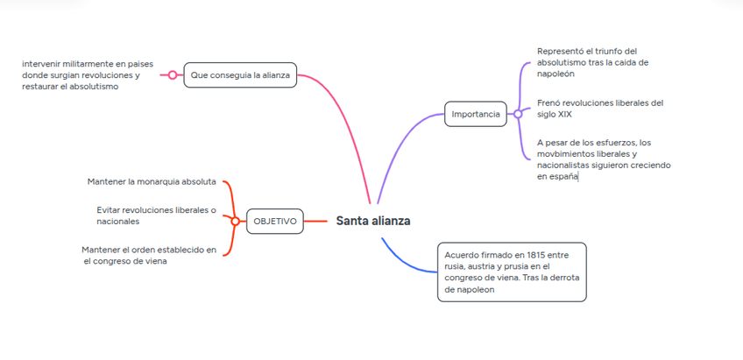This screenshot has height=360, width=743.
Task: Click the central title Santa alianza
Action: point(372,221)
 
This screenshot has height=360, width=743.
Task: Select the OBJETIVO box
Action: point(274,222)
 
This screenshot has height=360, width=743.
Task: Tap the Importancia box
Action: point(475,114)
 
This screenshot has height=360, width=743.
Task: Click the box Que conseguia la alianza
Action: point(240,75)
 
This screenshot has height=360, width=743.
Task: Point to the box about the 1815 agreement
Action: point(512,272)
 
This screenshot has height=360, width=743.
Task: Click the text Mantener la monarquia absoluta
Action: point(152,181)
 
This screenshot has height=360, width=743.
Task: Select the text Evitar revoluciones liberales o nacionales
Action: point(156,215)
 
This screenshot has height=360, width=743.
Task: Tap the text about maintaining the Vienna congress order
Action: point(149,255)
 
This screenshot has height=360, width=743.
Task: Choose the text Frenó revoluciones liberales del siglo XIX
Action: point(600,108)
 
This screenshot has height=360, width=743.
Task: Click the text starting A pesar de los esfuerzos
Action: point(605,159)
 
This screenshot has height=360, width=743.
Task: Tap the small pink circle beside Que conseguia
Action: point(173,75)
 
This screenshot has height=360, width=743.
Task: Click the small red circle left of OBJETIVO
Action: point(235,222)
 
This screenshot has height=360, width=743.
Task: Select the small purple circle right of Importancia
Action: point(518,114)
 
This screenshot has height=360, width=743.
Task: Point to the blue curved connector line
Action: point(400,260)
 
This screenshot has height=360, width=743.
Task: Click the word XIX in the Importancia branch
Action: point(565,115)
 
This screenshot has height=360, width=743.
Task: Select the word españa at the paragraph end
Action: point(557,176)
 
